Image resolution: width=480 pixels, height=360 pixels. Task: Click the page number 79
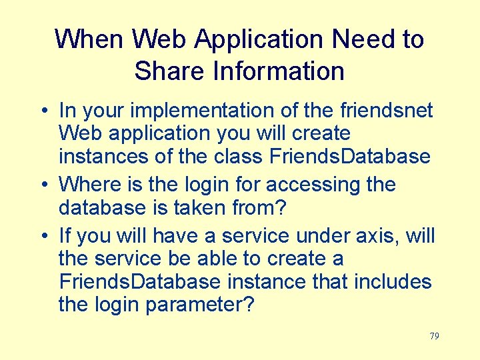[434, 336]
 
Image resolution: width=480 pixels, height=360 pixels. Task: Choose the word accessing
[309, 185]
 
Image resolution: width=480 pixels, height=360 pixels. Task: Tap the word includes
[393, 282]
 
